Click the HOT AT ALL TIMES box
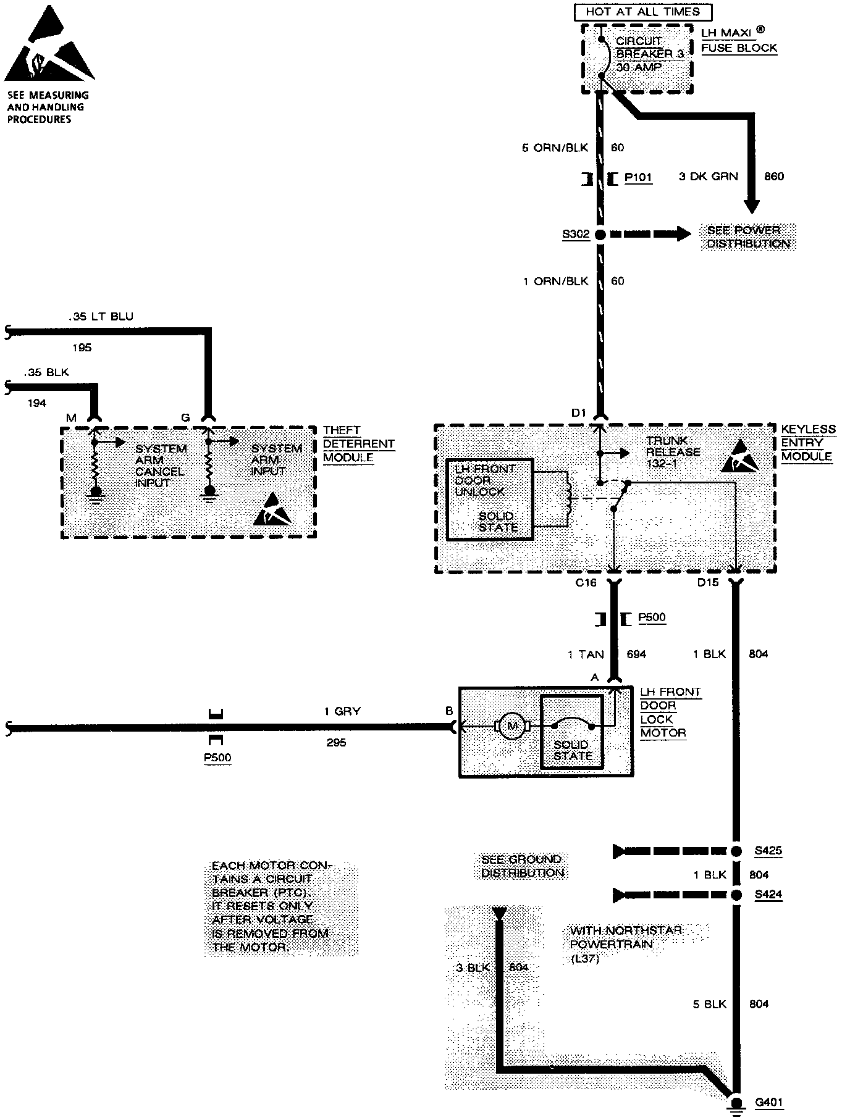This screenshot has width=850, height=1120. point(642,12)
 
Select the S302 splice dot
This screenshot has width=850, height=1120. point(600,235)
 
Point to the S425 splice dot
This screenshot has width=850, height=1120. point(736,851)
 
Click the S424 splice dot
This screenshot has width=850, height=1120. point(736,895)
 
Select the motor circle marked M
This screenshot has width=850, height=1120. point(511,726)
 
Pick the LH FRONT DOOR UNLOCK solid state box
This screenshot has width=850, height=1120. point(489,499)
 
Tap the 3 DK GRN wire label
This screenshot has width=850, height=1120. point(708,177)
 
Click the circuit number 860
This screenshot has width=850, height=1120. point(773,177)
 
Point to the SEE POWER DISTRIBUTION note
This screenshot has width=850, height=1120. point(747,237)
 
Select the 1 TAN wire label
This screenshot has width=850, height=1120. point(586,654)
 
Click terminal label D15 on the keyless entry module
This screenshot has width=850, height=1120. point(708,582)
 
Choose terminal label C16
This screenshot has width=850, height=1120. point(586,582)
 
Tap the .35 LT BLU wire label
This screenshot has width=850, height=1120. point(101,317)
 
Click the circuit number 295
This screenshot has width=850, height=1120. point(336,743)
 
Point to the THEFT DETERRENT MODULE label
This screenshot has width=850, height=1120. point(358,444)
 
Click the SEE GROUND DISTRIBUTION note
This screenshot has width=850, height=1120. point(522,866)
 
